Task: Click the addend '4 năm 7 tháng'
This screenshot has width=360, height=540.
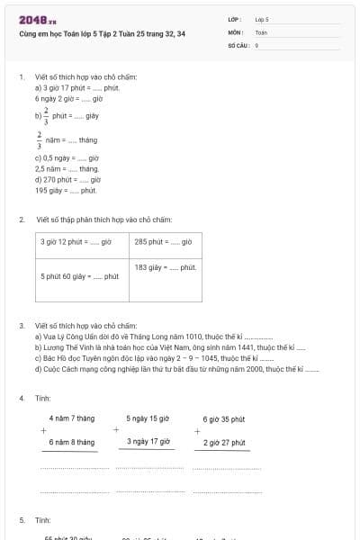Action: click(72, 418)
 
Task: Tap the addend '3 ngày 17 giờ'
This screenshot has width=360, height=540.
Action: click(148, 441)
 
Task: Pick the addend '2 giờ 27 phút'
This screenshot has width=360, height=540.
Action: click(224, 442)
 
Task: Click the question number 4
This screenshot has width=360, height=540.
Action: click(22, 397)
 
